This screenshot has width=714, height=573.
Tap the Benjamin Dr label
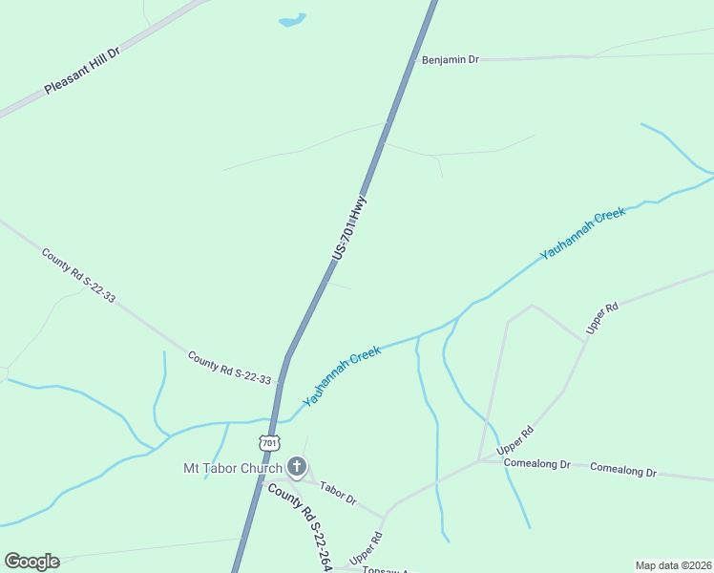click(450, 59)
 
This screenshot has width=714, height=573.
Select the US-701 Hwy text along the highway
click(349, 229)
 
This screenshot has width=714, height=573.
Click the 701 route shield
click(269, 443)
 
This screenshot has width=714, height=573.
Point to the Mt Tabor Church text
click(233, 468)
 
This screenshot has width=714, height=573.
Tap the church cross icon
click(296, 467)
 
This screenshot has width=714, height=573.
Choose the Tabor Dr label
click(338, 493)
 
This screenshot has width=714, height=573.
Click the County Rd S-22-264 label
click(300, 526)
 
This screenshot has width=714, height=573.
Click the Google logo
click(31, 562)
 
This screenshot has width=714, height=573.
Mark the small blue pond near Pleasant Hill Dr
click(291, 19)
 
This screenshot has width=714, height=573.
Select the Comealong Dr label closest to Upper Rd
click(538, 464)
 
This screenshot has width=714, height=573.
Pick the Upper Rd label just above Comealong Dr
click(514, 440)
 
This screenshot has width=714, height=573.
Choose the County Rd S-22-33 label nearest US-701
click(229, 368)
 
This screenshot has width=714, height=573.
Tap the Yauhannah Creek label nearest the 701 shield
click(342, 373)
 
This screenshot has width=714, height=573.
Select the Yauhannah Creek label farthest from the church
click(582, 234)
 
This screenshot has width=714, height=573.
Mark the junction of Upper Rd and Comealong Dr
click(479, 460)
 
